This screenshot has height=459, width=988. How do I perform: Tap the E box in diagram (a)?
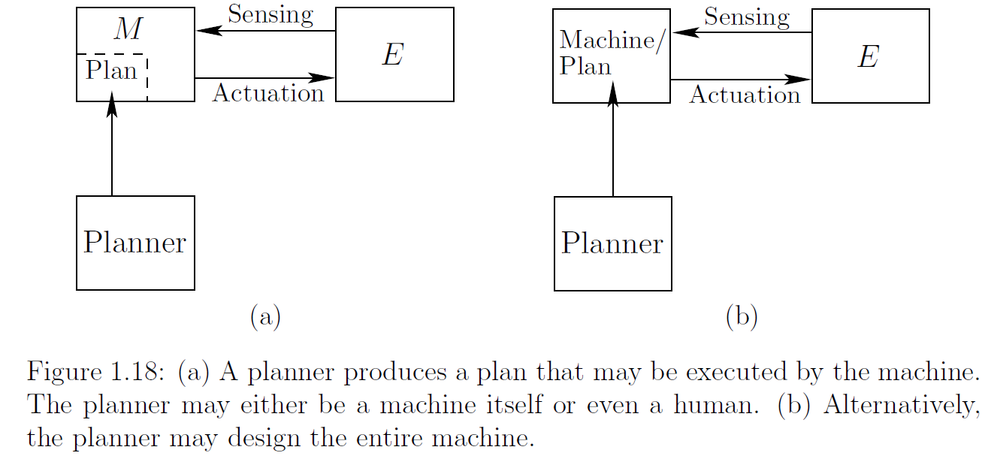[x=394, y=55]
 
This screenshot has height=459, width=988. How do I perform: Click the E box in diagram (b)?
[x=870, y=56]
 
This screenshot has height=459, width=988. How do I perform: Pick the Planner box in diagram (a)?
[x=135, y=243]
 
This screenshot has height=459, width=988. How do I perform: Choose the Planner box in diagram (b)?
[x=612, y=243]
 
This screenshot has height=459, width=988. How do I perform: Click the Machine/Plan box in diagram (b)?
[x=612, y=56]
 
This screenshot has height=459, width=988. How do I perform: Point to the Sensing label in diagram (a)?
[x=270, y=15]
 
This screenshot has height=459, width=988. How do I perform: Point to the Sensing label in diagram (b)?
[x=747, y=17]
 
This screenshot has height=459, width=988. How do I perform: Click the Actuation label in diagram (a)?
[x=268, y=93]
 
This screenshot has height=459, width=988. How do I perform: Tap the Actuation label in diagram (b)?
[x=745, y=95]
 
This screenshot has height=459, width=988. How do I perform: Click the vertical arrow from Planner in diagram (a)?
[x=112, y=150]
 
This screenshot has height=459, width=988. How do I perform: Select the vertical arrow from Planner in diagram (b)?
[x=613, y=150]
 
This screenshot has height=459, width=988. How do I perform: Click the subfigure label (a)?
[x=264, y=316]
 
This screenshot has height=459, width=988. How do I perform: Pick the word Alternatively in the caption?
[x=900, y=405]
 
